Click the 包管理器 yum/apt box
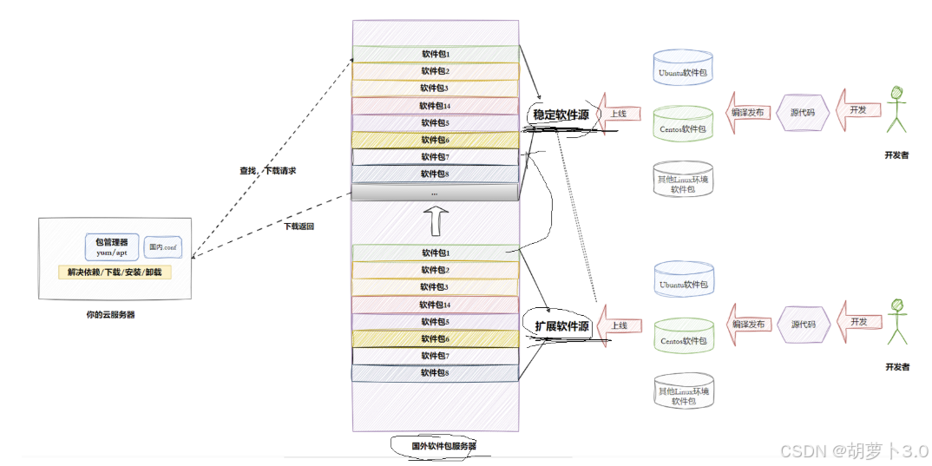coord(112,246)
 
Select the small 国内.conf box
coord(162,247)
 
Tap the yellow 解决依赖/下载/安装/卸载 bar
coord(115,272)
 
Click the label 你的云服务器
coord(110,314)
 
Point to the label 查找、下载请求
coord(268,171)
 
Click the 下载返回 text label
coord(299,226)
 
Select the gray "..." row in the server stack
coord(435,192)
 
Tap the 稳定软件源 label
coord(561,115)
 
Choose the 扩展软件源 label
coord(561,327)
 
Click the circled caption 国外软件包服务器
coord(443,446)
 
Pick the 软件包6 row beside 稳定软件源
coord(435,140)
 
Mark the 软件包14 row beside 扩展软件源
coord(435,305)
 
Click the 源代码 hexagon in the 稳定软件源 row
coord(801,112)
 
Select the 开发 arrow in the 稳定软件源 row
coord(858,110)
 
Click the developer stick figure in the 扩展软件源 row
coord(897,321)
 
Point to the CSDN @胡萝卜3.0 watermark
coord(854,451)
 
